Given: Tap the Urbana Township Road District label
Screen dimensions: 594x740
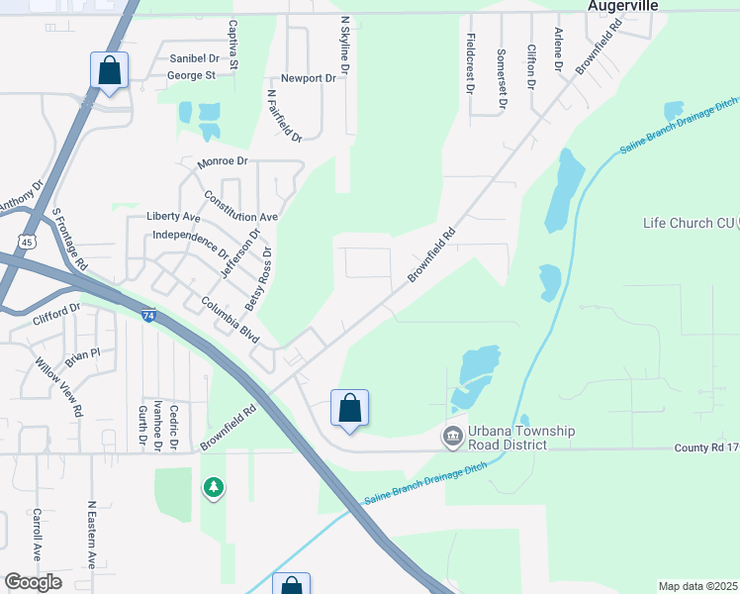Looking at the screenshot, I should click(x=522, y=438).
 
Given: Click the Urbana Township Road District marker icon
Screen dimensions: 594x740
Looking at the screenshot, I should click(x=452, y=436).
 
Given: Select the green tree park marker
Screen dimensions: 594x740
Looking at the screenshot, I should click(x=213, y=487).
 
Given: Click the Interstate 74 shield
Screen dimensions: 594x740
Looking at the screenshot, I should click(x=147, y=316).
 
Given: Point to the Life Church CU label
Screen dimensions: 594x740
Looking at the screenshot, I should click(x=686, y=223).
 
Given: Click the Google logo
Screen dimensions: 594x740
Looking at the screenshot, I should click(x=33, y=582).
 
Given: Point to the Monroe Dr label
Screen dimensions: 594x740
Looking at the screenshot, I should click(x=223, y=160).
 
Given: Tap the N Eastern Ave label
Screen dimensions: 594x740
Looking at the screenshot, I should click(x=92, y=535).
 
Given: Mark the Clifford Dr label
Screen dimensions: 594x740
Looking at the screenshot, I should click(x=55, y=315).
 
